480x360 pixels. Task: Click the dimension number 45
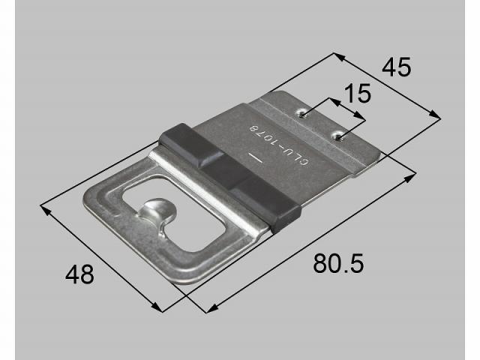pyautogui.click(x=397, y=67)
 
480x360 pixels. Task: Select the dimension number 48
pyautogui.click(x=80, y=274)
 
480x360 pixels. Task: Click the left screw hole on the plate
pyautogui.click(x=303, y=114)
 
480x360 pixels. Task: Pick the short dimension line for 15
pyautogui.click(x=346, y=109)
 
